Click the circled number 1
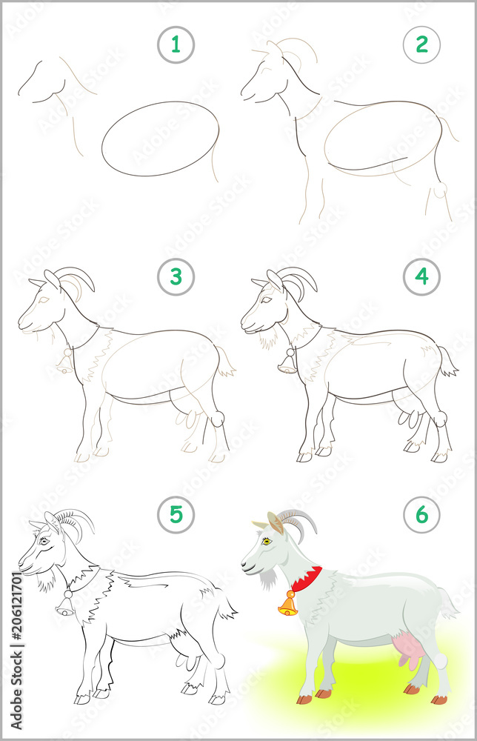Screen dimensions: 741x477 coord(176,45)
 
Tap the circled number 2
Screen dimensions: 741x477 coord(421,45)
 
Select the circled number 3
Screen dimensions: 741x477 coord(176,277)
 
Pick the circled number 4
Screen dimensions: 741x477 coord(421,277)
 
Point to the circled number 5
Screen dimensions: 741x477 coord(176,513)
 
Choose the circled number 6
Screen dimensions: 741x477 coord(421,513)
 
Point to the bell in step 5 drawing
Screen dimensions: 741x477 coord(64,606)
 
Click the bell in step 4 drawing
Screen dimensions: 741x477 coord(287,362)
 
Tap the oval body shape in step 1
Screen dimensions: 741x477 coord(160,139)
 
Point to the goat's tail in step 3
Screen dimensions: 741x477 coord(225,361)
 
